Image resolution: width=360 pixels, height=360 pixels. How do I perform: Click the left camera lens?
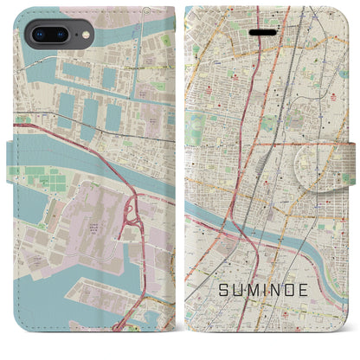tap(35, 35)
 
